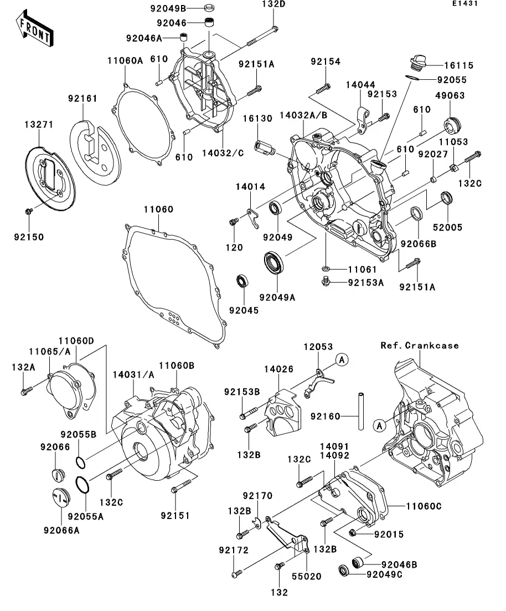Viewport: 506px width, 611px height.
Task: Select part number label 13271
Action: click(38, 125)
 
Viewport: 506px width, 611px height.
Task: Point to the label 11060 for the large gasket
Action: click(158, 210)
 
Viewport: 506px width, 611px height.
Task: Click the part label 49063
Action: click(449, 96)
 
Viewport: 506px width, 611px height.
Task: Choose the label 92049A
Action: click(278, 297)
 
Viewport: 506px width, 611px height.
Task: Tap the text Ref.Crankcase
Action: click(420, 345)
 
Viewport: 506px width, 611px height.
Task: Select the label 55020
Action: click(306, 576)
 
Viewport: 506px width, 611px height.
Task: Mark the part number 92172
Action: click(234, 550)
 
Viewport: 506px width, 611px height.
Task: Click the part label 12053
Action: click(318, 347)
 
